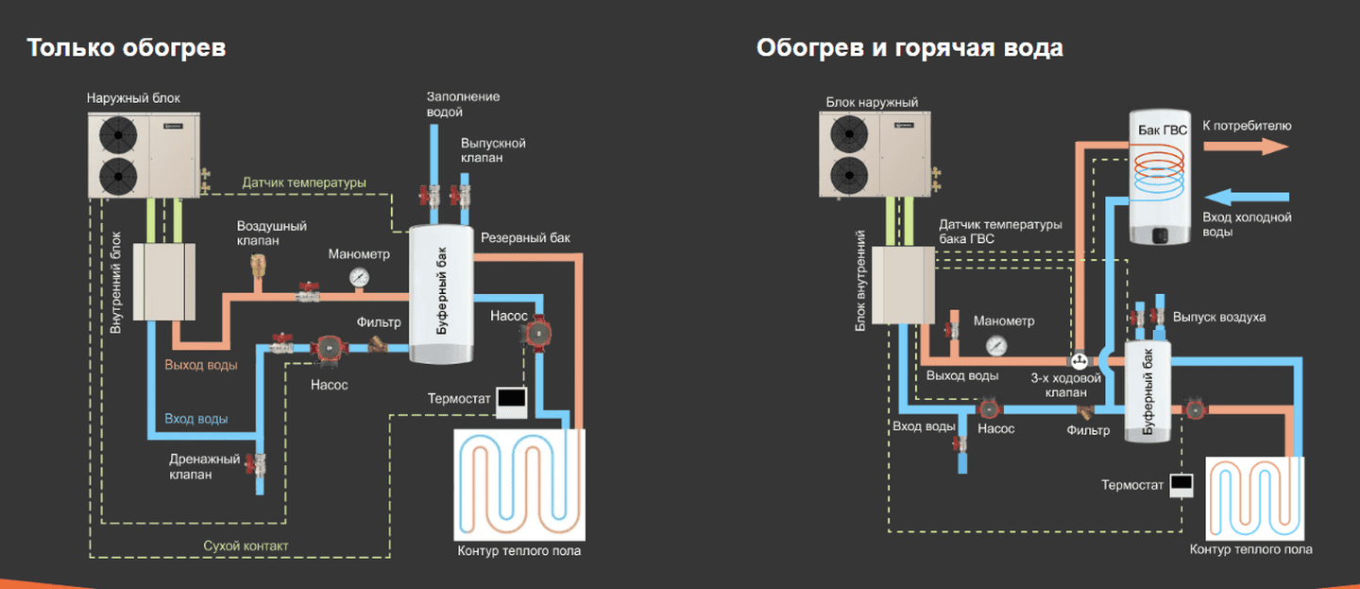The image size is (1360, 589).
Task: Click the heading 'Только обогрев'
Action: coord(127,48)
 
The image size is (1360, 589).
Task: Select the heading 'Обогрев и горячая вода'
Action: coord(909,48)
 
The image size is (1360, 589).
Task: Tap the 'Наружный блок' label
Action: coord(133,98)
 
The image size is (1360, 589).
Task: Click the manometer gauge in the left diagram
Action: coord(359,277)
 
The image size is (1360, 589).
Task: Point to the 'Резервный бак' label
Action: coord(525,238)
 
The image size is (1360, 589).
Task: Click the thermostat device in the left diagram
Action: coord(511,402)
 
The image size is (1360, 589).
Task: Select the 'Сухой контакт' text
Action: coord(246,546)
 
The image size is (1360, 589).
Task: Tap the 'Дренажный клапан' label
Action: coord(204,467)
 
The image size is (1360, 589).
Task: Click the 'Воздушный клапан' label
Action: coord(271,234)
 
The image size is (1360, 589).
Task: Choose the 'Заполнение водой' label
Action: coord(463,104)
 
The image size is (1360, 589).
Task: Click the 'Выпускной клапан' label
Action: coord(493,150)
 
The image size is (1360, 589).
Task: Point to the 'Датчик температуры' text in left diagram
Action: coord(304,182)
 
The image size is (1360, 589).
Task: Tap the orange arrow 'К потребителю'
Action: coord(1246,147)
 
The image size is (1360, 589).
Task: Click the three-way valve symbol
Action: coord(1078,361)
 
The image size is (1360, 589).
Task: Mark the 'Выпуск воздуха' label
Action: coord(1218,317)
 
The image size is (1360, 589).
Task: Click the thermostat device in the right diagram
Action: coord(1181,485)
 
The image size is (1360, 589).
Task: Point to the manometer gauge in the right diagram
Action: coord(994,346)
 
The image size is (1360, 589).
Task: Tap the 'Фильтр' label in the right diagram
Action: coord(1088,431)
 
